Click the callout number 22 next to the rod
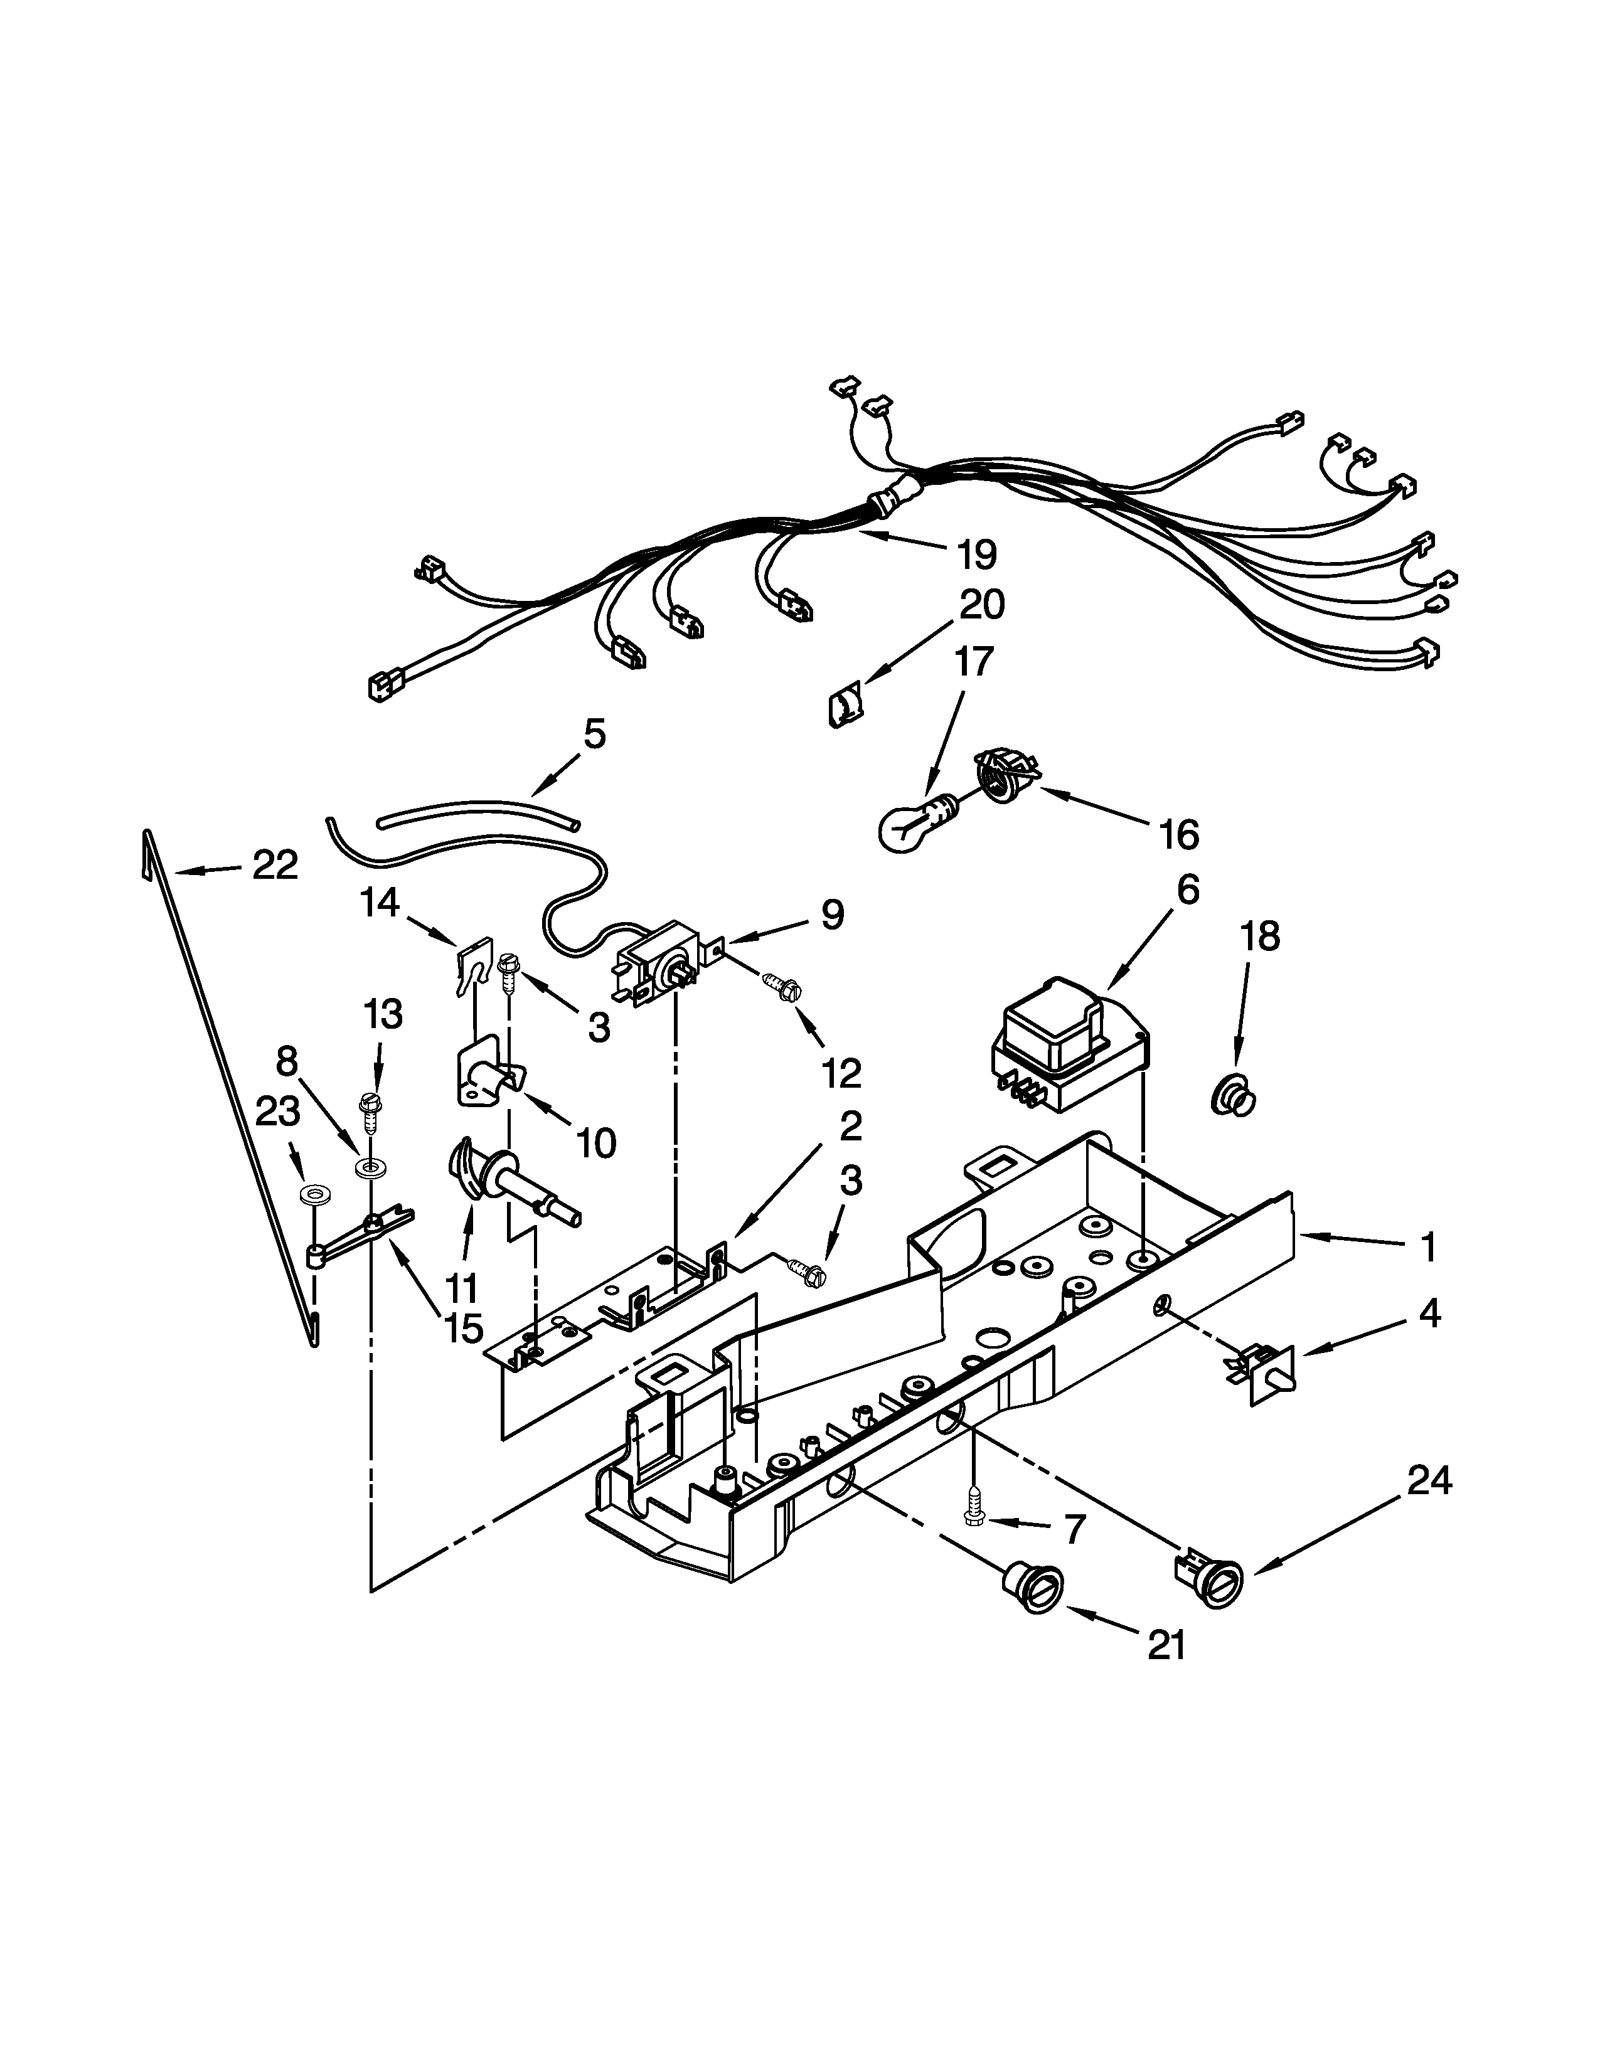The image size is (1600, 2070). point(275,864)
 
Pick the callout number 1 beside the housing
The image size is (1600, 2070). point(1427,1246)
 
